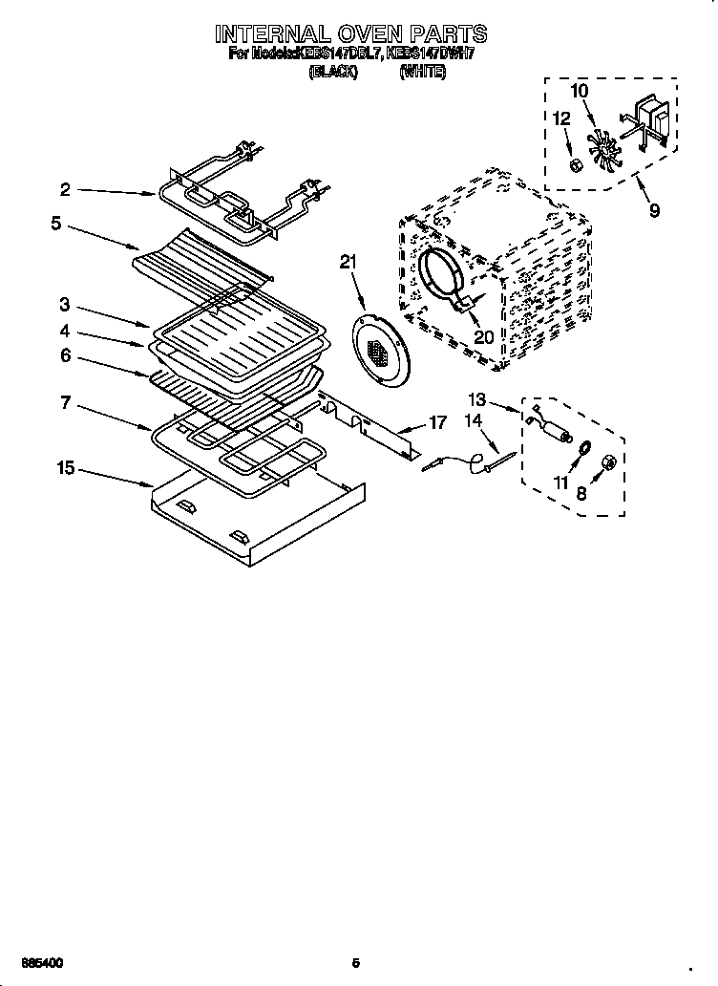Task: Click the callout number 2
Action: coord(65,190)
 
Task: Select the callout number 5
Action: coord(57,225)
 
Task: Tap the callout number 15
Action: coord(65,469)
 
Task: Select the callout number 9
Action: coord(654,210)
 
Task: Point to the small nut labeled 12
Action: coord(576,166)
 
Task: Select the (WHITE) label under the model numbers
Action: coord(422,72)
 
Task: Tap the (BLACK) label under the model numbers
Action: coord(333,72)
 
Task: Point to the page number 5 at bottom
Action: coord(356,962)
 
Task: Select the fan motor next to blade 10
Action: coord(651,118)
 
